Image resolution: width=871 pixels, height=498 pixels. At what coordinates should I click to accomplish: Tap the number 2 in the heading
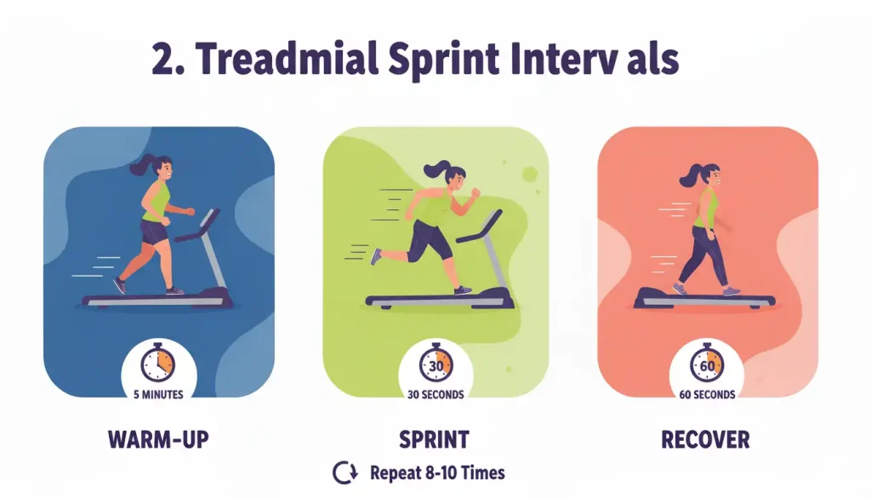point(162,60)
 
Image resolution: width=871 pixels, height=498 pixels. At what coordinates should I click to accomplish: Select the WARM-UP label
point(158,440)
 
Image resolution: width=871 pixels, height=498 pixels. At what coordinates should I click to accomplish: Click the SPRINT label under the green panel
point(434,440)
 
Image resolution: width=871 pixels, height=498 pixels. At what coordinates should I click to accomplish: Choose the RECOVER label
point(706,440)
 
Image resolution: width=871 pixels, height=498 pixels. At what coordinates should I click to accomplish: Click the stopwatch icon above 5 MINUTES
point(158,363)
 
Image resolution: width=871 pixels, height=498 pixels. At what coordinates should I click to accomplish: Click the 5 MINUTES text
point(158,394)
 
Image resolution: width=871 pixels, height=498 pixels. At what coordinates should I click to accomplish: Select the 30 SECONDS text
point(435,394)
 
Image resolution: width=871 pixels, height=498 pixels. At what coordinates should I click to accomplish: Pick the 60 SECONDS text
point(707,394)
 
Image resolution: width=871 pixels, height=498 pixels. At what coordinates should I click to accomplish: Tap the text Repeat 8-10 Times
point(437,472)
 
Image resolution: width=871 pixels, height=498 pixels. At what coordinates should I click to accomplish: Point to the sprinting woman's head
point(454,177)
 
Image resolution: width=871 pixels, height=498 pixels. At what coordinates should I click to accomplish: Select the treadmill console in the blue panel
point(204,220)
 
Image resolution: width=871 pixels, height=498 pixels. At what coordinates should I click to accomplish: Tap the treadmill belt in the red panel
point(706,298)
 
